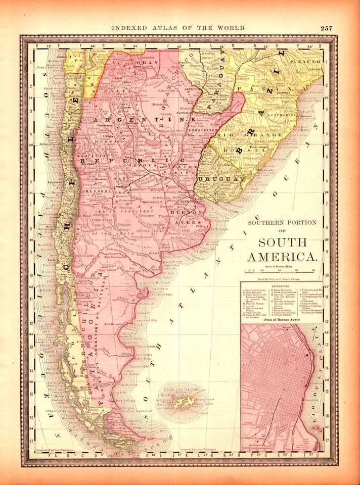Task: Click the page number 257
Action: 326,28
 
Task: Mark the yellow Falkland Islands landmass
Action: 183,402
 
